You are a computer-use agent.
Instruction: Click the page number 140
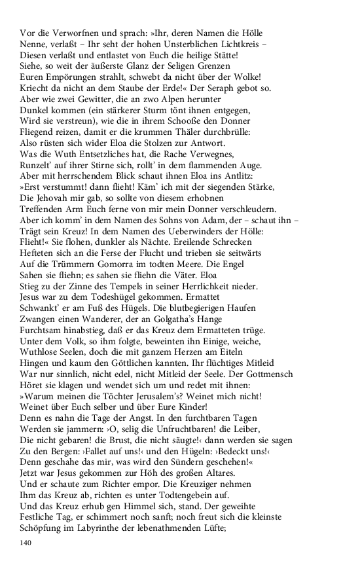click(27, 542)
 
